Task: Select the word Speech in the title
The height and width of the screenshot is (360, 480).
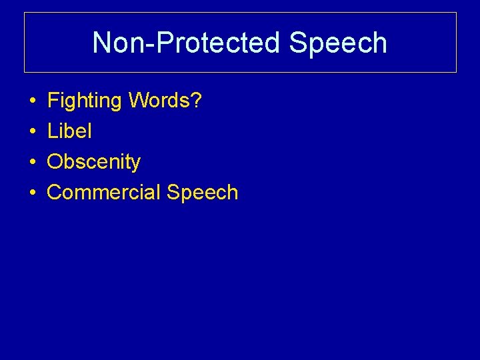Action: point(338,43)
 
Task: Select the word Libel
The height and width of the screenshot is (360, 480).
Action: point(69,131)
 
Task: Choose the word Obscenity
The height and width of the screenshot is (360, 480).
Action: point(94,162)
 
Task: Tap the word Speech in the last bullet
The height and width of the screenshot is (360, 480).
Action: point(203,193)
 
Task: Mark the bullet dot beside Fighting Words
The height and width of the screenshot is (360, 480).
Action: point(32,102)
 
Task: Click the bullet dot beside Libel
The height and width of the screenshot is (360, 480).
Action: point(32,132)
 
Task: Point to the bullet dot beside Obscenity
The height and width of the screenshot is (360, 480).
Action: point(32,163)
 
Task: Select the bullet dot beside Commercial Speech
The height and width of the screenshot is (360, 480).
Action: point(32,193)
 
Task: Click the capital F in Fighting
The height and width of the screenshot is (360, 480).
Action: point(53,101)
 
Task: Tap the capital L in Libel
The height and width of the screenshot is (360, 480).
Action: point(52,131)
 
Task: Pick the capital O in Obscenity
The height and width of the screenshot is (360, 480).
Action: point(55,162)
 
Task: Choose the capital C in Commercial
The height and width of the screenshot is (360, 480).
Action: point(55,192)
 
